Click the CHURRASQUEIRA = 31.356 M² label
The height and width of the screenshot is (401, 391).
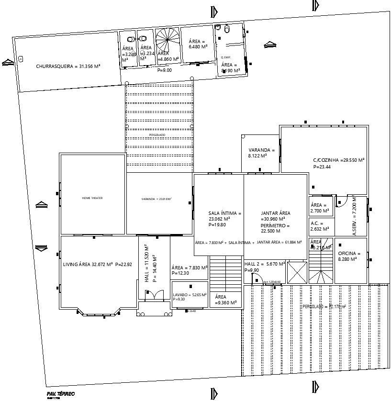click(x=68, y=66)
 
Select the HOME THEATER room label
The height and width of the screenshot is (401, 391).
click(x=92, y=198)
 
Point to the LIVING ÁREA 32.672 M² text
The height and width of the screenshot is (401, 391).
click(x=88, y=264)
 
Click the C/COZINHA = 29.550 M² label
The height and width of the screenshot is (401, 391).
click(x=339, y=160)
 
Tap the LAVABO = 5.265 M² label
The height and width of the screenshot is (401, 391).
click(x=190, y=295)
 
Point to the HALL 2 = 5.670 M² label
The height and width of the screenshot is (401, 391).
click(x=265, y=264)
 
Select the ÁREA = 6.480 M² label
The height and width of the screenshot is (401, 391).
click(x=198, y=44)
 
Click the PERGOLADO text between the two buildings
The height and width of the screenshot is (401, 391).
click(x=157, y=135)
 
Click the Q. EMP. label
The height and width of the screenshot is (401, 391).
click(x=225, y=57)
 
